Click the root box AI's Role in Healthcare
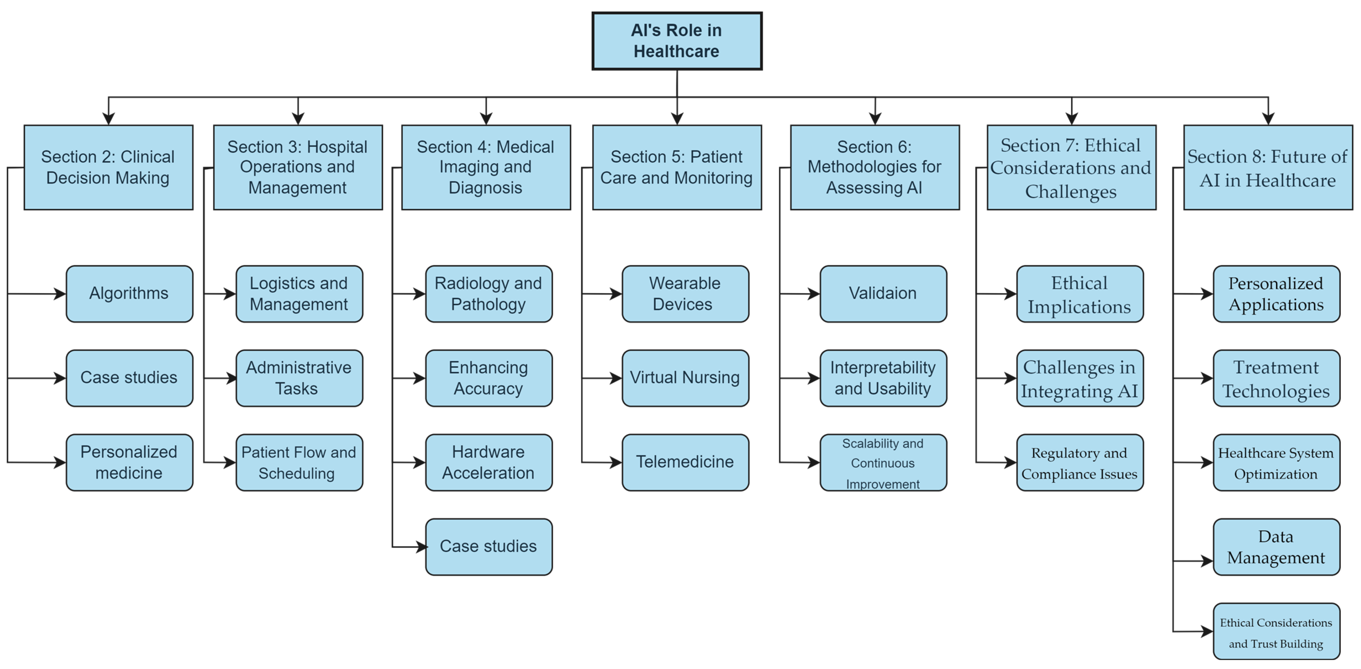(677, 41)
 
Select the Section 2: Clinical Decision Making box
(108, 167)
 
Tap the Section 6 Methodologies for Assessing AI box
(874, 167)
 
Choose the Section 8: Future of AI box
(1267, 167)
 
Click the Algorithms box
(129, 294)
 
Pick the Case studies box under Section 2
(129, 378)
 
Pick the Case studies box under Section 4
(489, 546)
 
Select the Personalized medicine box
(129, 462)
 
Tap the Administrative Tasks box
(299, 378)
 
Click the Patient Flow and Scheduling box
(299, 462)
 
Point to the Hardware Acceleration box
(489, 462)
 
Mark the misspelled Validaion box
(883, 294)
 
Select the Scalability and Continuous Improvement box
(883, 462)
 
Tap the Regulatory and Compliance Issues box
(1079, 462)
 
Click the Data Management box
(1276, 546)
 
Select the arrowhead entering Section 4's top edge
(486, 119)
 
